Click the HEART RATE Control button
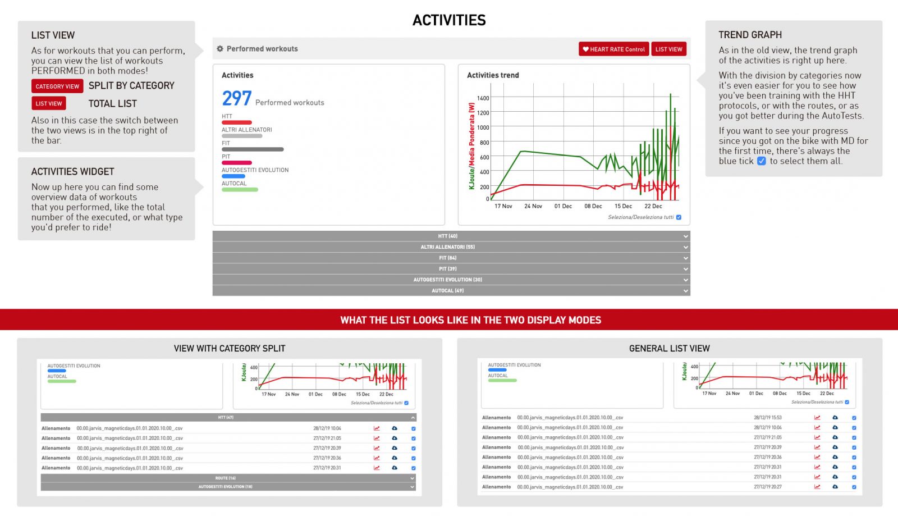click(613, 49)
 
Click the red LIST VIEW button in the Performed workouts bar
click(668, 49)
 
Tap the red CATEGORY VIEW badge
click(57, 86)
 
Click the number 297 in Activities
click(236, 99)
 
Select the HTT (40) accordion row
click(451, 236)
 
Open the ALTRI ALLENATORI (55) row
click(451, 247)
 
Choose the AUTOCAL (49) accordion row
click(451, 290)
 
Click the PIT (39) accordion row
click(451, 269)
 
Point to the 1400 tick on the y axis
click(483, 98)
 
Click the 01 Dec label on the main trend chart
click(563, 206)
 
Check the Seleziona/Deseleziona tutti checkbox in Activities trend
click(679, 217)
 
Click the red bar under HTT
click(236, 122)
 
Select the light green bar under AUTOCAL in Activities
click(240, 190)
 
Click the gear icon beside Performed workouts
click(220, 49)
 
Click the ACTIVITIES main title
click(449, 20)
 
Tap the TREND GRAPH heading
click(750, 35)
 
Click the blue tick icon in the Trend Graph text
click(761, 161)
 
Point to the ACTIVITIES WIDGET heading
click(72, 172)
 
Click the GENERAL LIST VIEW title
click(669, 348)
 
